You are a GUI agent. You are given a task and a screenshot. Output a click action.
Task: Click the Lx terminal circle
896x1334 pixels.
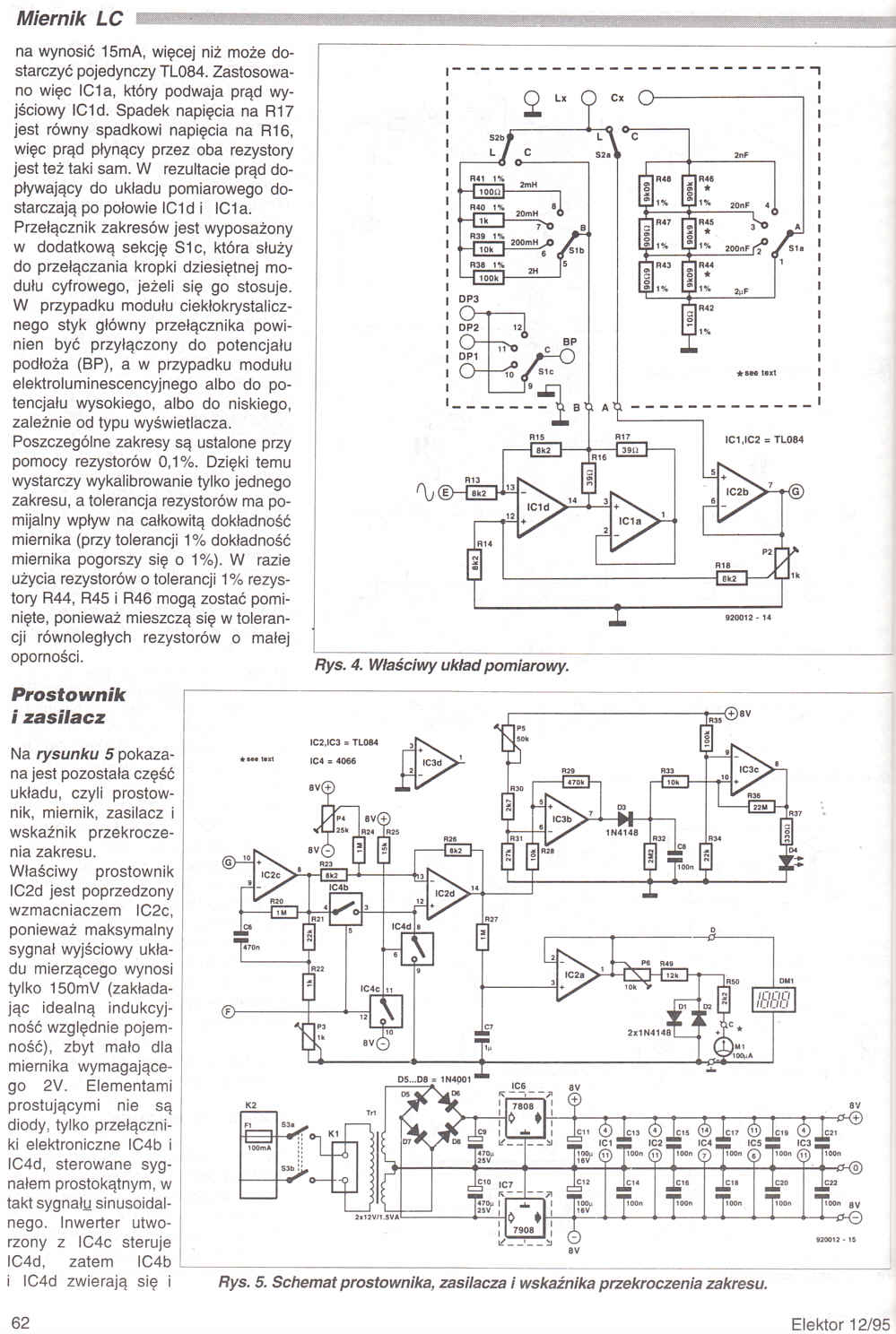click(531, 99)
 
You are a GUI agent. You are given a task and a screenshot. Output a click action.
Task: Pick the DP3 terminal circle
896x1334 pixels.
click(467, 313)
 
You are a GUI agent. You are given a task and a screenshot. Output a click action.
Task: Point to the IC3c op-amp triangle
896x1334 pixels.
click(749, 768)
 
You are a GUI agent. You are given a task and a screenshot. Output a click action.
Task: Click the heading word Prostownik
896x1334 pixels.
click(67, 694)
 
